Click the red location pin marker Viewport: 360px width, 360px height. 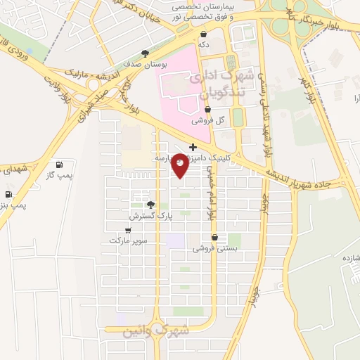tap(180, 165)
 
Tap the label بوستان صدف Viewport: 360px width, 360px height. tap(145, 64)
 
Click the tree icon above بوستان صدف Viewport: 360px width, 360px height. tap(145, 53)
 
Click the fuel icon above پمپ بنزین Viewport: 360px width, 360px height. tap(8, 194)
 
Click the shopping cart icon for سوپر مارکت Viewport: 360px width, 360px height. tap(128, 230)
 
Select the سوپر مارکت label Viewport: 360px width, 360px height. tap(128, 240)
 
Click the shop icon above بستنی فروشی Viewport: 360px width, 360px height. tap(214, 238)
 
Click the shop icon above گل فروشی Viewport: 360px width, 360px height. tap(207, 110)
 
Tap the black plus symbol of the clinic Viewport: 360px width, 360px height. tap(193, 147)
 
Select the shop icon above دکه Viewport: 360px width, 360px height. tap(203, 34)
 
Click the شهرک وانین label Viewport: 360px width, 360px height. tap(156, 330)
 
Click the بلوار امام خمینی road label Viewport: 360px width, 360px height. tap(209, 200)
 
